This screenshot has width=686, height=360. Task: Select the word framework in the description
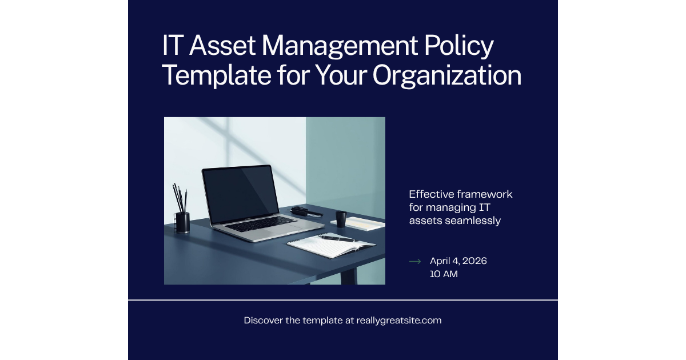pos(485,194)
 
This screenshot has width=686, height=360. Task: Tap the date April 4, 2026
pos(458,261)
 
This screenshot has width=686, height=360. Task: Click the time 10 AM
pos(444,274)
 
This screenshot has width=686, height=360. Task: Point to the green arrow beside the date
pos(415,261)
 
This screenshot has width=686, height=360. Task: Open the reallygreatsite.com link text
pos(398,321)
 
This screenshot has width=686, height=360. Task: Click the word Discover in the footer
pos(264,321)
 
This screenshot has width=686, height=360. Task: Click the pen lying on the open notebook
pos(337,238)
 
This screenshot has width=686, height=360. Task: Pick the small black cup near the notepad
pos(341,219)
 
